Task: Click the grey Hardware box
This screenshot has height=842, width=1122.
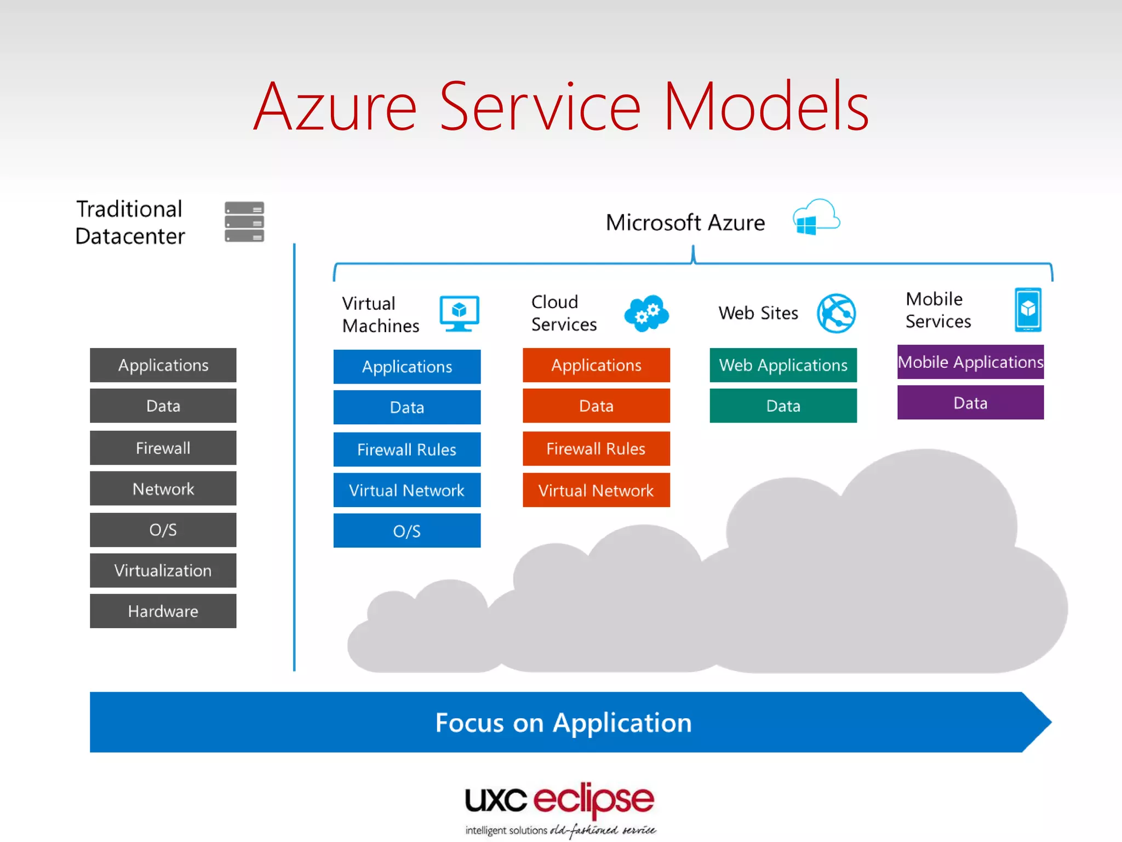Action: [163, 611]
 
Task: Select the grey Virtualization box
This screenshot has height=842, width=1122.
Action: [163, 570]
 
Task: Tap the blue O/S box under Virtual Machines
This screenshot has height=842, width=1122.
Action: [407, 530]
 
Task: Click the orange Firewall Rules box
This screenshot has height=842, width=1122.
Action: [596, 448]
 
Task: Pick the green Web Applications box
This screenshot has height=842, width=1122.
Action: [783, 365]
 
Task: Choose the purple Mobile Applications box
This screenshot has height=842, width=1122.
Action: [970, 362]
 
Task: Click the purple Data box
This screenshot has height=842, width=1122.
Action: [970, 402]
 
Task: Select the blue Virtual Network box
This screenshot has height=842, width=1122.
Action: [407, 490]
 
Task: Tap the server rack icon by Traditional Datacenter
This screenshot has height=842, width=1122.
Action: [244, 221]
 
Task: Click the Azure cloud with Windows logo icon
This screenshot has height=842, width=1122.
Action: [816, 218]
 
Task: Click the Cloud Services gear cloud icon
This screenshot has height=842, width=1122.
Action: [646, 313]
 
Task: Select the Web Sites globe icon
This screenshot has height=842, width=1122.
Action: [836, 313]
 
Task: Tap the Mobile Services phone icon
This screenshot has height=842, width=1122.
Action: [1028, 310]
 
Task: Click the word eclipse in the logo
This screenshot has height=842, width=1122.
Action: [593, 800]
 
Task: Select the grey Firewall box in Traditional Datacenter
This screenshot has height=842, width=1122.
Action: [163, 447]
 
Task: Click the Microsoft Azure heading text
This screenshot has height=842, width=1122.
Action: [685, 223]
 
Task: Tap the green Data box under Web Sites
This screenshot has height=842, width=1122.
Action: [783, 406]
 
